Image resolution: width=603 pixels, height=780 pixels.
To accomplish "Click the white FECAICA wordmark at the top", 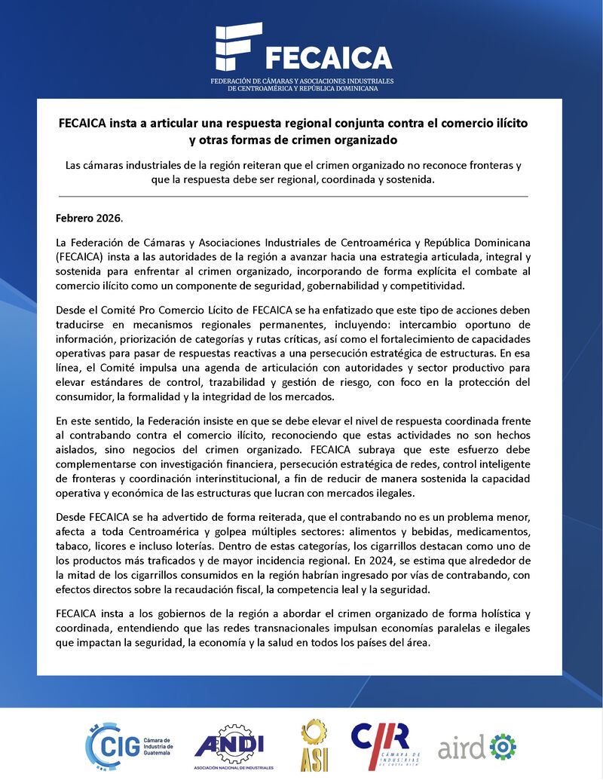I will tap(328, 58).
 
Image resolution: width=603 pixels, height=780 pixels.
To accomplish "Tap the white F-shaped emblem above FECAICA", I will tap(238, 47).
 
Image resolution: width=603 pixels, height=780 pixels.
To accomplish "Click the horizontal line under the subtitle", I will tap(292, 197).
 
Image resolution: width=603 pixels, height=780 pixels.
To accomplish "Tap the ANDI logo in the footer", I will tap(234, 745).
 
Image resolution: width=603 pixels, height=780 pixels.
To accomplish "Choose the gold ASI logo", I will tap(314, 745).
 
